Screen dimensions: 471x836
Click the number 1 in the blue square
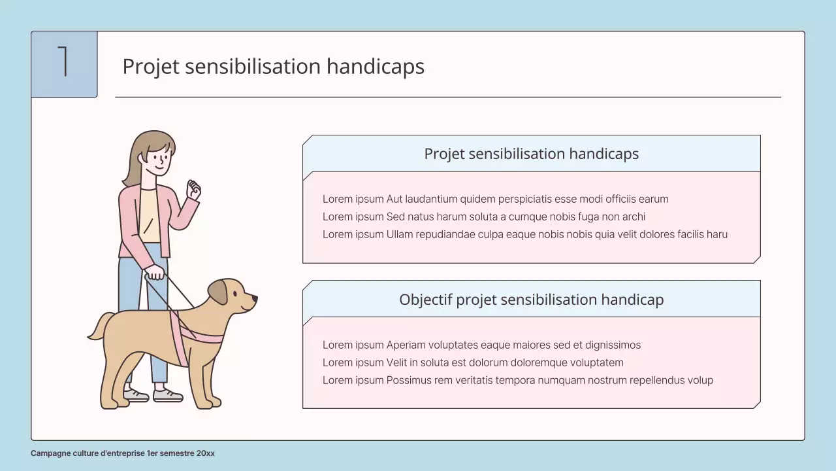(63, 62)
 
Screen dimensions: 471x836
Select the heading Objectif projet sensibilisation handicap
(531, 300)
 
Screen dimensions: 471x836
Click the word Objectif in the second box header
(425, 300)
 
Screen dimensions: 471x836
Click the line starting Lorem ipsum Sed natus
(483, 217)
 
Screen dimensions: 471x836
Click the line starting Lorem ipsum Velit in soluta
(473, 362)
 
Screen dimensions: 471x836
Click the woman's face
(158, 158)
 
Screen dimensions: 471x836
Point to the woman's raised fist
(193, 190)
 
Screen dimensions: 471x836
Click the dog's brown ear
(218, 292)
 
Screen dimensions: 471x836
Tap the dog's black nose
(255, 300)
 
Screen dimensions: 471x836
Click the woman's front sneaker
(167, 394)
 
